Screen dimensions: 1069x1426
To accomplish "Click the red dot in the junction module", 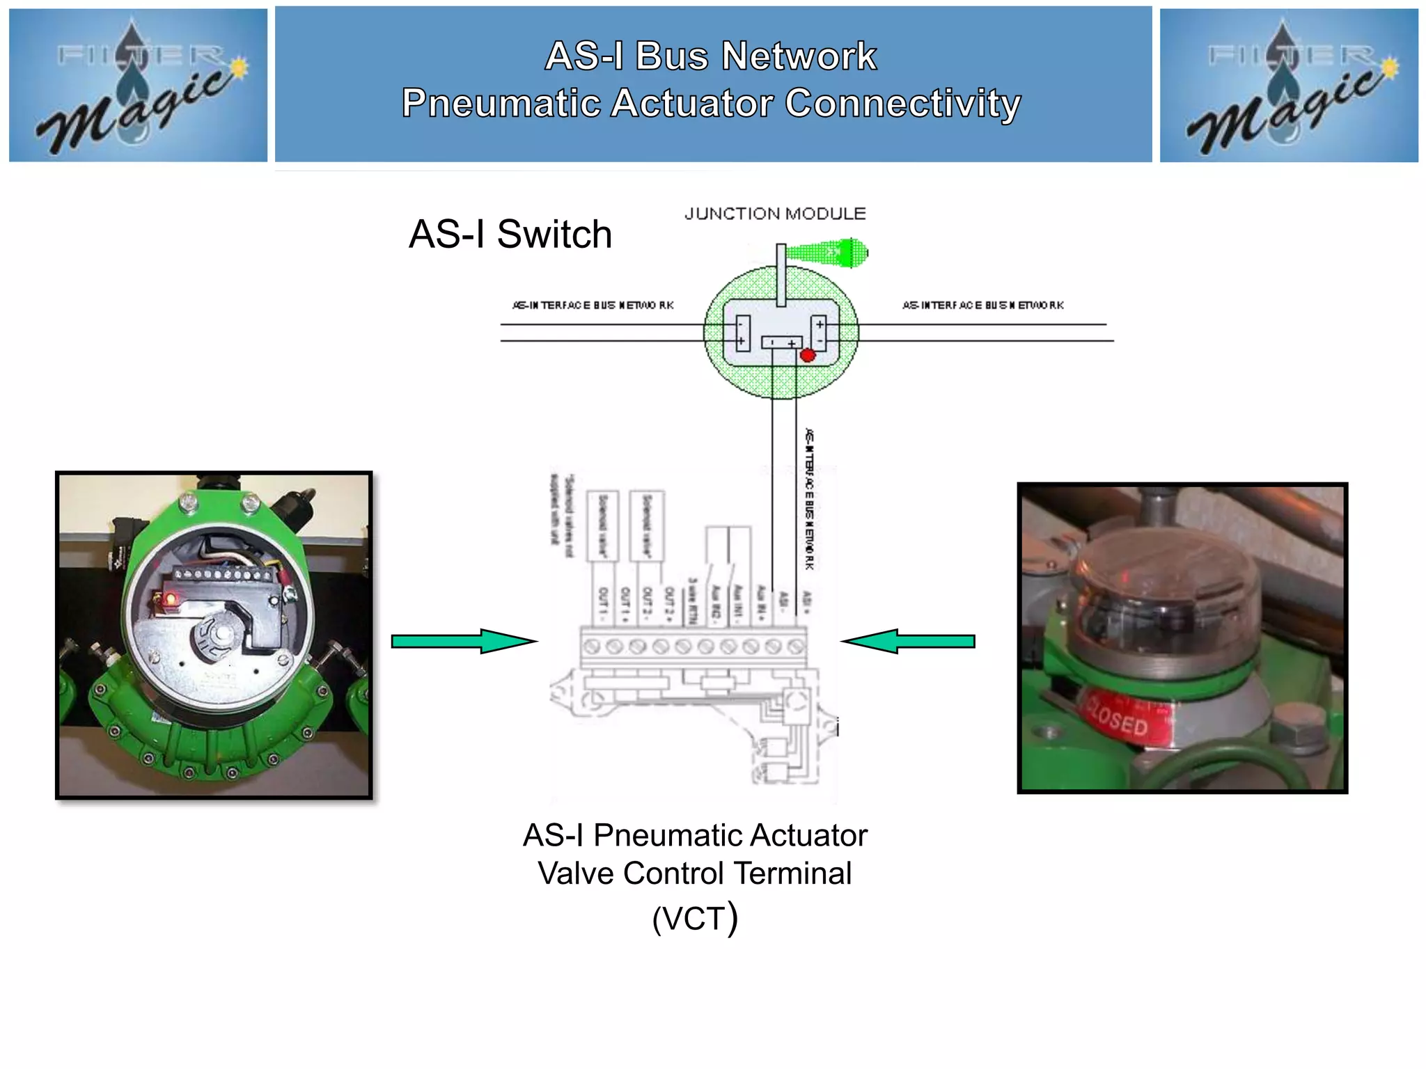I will (808, 356).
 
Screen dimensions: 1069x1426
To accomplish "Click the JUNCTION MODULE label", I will (775, 214).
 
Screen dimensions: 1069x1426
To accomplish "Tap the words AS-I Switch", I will (510, 234).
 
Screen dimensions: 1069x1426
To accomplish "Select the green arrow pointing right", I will (463, 641).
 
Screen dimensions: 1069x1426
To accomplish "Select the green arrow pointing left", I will (908, 641).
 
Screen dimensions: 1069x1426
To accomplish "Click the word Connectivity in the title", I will (903, 103).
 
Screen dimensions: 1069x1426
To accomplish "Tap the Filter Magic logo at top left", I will (138, 85).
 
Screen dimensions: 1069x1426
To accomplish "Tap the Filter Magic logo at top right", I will (1289, 85).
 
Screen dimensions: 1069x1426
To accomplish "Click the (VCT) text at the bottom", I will (695, 918).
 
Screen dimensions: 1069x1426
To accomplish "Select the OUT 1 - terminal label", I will (603, 603).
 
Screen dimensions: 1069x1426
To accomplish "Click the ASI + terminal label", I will (807, 600).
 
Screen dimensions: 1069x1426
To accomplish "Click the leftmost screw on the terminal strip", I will (592, 647).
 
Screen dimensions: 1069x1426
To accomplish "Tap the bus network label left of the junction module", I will (593, 305).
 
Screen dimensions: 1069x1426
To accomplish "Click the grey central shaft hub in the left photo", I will (221, 634).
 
